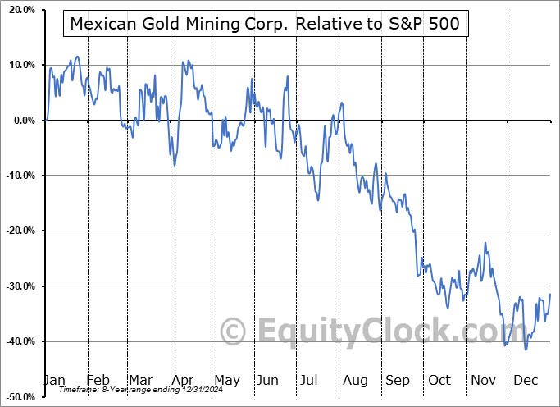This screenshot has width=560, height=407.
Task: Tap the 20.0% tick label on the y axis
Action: [x=20, y=10]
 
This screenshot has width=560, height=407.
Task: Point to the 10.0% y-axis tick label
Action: [x=20, y=65]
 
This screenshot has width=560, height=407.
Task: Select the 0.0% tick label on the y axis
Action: [x=22, y=121]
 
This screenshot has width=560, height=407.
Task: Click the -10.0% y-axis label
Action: [x=18, y=176]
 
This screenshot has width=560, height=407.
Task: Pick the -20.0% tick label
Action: [x=18, y=231]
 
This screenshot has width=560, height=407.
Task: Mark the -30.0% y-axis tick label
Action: [x=18, y=286]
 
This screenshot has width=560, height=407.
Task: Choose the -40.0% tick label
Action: [x=18, y=341]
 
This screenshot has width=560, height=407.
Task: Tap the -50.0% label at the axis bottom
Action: [x=18, y=396]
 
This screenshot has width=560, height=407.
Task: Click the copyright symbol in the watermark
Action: [x=234, y=332]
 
